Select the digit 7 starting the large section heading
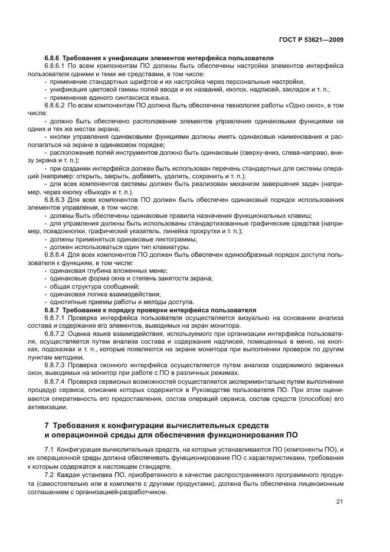point(47,425)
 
